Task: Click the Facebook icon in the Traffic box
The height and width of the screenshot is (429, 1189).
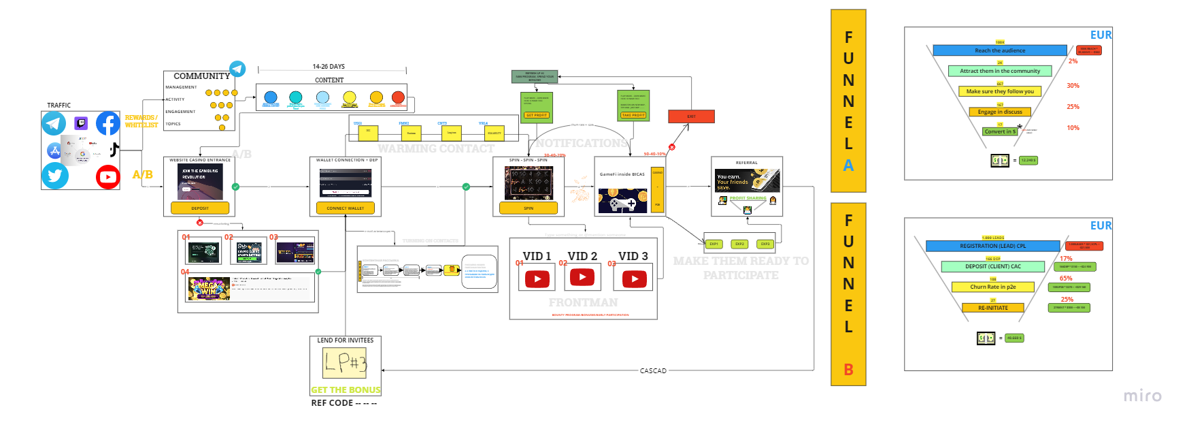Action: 108,123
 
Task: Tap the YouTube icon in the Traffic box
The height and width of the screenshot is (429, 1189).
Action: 107,177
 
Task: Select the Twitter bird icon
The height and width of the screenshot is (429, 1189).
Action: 55,176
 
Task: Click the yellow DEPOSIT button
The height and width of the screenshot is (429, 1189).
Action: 200,208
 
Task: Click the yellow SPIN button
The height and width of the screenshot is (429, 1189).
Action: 529,208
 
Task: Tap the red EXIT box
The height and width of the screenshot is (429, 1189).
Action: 691,116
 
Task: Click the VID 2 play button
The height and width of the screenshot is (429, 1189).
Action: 582,277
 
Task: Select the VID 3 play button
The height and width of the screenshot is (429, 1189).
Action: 634,279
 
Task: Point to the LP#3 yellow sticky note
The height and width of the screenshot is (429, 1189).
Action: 345,363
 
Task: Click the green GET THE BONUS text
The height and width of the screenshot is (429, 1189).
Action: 346,390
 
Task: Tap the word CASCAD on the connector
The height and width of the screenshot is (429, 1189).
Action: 653,371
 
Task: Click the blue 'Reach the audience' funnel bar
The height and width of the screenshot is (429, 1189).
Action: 999,50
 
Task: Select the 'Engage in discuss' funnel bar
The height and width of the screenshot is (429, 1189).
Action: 999,112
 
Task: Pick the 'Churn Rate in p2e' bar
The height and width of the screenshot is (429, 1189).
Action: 992,287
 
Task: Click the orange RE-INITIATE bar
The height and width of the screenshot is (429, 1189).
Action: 992,308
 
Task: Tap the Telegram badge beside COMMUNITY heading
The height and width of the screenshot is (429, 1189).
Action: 237,69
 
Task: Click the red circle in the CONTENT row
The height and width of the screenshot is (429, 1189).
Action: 398,97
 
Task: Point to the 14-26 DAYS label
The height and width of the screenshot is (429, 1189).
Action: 329,67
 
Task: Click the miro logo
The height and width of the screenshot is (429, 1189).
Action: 1142,396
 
